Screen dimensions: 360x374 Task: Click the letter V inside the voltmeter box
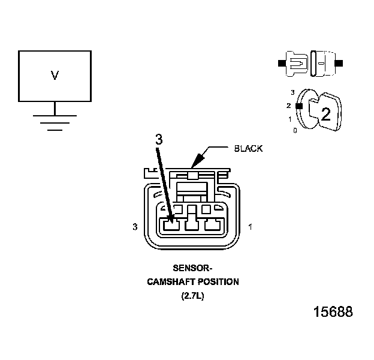click(x=55, y=76)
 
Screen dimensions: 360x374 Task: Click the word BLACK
click(x=248, y=148)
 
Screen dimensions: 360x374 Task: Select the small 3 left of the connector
click(x=135, y=227)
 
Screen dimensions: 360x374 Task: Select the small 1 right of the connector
click(x=249, y=227)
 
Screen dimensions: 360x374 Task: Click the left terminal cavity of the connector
click(x=171, y=226)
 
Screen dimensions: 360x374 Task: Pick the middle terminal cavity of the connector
click(x=192, y=226)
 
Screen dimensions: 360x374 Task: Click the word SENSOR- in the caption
click(x=192, y=269)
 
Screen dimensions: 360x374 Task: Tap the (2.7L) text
click(x=192, y=295)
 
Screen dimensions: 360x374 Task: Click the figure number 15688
click(x=333, y=312)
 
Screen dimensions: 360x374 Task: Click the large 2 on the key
click(x=326, y=114)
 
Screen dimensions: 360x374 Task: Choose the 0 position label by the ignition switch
click(x=294, y=130)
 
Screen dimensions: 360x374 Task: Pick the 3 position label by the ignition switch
click(x=292, y=92)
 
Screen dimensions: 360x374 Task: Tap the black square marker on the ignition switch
click(x=298, y=106)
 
